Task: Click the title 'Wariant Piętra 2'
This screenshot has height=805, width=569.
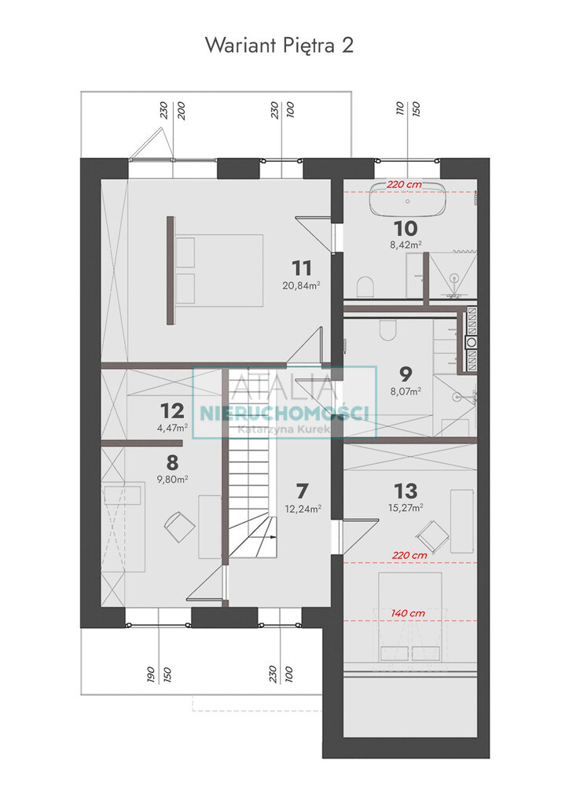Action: point(279,45)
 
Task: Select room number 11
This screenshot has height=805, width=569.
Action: point(302,268)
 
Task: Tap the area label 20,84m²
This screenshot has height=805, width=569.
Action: point(301,285)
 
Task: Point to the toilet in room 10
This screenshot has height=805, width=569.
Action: point(365,286)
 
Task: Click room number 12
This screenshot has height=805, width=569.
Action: point(172,410)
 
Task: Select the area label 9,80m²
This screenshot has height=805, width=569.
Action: point(172,479)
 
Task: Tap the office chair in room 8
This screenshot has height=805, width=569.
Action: point(179,526)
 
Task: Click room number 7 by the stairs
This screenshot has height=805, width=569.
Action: point(303,491)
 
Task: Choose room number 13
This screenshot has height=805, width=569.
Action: point(406,491)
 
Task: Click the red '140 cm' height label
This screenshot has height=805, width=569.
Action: point(408,613)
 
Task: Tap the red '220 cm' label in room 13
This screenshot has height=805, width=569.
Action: point(409,555)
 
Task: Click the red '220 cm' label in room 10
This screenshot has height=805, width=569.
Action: point(404,184)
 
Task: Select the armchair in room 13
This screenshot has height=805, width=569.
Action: point(433,536)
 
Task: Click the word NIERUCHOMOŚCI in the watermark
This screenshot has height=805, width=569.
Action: point(284,413)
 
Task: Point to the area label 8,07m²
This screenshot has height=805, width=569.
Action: point(406,391)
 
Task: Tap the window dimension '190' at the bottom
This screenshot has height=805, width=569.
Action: point(150,674)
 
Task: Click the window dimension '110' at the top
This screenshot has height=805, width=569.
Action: point(400,108)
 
